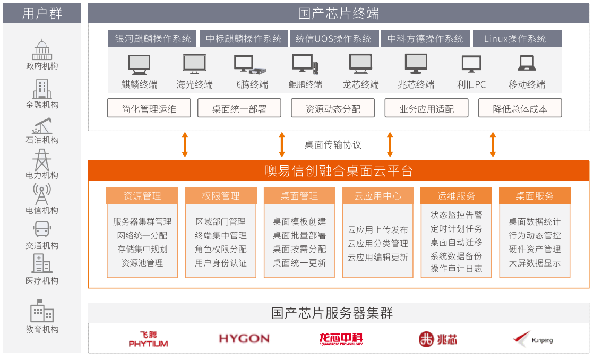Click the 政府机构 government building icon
pyautogui.click(x=42, y=50)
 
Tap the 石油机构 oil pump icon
pyautogui.click(x=42, y=126)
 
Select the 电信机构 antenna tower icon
pyautogui.click(x=42, y=194)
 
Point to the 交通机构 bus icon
pyautogui.click(x=42, y=230)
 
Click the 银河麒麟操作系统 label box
pyautogui.click(x=153, y=39)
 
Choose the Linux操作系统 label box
pyautogui.click(x=515, y=39)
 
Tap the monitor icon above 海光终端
pyautogui.click(x=194, y=64)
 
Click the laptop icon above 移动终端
pyautogui.click(x=527, y=64)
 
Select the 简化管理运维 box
pyautogui.click(x=149, y=109)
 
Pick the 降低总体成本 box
pyautogui.click(x=520, y=109)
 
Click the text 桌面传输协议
pyautogui.click(x=333, y=144)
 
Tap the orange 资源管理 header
pyautogui.click(x=142, y=196)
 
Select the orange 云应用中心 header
pyautogui.click(x=378, y=196)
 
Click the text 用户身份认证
pyautogui.click(x=221, y=263)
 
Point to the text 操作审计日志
pyautogui.click(x=457, y=269)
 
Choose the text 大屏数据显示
pyautogui.click(x=535, y=263)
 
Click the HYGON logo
pyautogui.click(x=244, y=339)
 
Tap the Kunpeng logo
pyautogui.click(x=533, y=339)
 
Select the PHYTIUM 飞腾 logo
pyautogui.click(x=149, y=339)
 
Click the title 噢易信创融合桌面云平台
pyautogui.click(x=339, y=171)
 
